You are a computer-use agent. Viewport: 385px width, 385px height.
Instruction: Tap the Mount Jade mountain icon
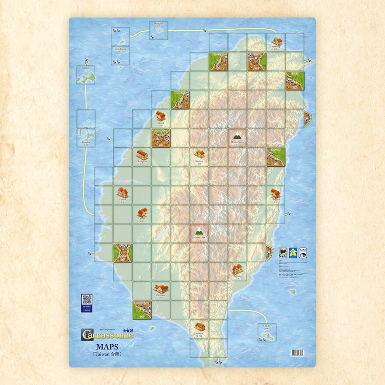tap(199, 231)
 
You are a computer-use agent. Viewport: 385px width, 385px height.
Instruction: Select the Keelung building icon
tap(276, 42)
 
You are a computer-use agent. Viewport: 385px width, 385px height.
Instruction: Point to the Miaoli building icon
tap(161, 116)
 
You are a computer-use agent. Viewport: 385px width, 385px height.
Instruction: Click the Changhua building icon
tap(142, 154)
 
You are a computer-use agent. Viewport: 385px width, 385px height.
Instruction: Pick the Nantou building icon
tap(199, 154)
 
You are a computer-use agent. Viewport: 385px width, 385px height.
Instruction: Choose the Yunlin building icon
tap(122, 192)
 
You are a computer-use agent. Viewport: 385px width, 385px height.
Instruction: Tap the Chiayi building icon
tap(142, 212)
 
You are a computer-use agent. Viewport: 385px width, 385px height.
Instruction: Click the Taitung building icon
tap(238, 269)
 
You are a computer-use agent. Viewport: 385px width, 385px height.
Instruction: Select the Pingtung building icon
tap(161, 288)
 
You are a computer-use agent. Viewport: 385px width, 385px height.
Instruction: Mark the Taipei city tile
tap(257, 62)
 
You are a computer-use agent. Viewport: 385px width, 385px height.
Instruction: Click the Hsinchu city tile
tap(180, 100)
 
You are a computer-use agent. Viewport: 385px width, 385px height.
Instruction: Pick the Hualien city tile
tap(276, 157)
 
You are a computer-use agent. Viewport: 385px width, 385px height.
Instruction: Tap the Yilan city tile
tap(295, 80)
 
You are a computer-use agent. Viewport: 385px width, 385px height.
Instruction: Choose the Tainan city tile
tap(123, 253)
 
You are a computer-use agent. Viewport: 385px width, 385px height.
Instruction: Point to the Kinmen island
tap(85, 77)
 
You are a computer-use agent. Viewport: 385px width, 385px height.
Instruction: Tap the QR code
tap(87, 300)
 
